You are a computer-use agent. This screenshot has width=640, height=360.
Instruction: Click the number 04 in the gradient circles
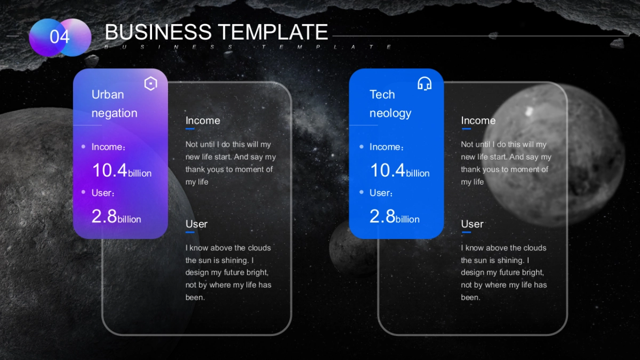(x=59, y=37)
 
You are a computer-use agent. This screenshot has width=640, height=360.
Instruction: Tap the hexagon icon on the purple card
(x=150, y=83)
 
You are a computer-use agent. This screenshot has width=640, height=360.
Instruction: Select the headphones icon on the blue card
(x=425, y=83)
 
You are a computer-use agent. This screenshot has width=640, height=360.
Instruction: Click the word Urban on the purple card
(x=108, y=94)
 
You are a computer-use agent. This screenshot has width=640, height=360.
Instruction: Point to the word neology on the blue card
(x=390, y=114)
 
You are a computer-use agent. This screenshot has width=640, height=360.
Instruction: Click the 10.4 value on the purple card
(x=110, y=170)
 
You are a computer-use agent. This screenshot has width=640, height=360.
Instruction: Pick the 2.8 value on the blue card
(x=382, y=217)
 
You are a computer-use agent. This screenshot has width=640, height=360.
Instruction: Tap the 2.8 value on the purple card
(x=105, y=217)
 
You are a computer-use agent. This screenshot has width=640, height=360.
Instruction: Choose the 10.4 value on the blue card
(x=388, y=170)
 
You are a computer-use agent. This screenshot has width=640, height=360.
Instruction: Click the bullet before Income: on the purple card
(x=83, y=147)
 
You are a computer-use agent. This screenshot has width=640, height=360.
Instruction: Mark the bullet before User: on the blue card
(x=362, y=192)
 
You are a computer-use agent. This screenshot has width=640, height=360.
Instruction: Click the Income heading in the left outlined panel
(x=203, y=121)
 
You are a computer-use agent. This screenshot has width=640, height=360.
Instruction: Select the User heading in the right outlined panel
(x=473, y=224)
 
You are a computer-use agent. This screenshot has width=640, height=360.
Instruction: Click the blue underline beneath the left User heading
(x=190, y=233)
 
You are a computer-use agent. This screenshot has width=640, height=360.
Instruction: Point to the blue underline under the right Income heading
(x=466, y=129)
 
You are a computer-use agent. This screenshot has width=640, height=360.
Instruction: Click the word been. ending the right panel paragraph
(x=470, y=298)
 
